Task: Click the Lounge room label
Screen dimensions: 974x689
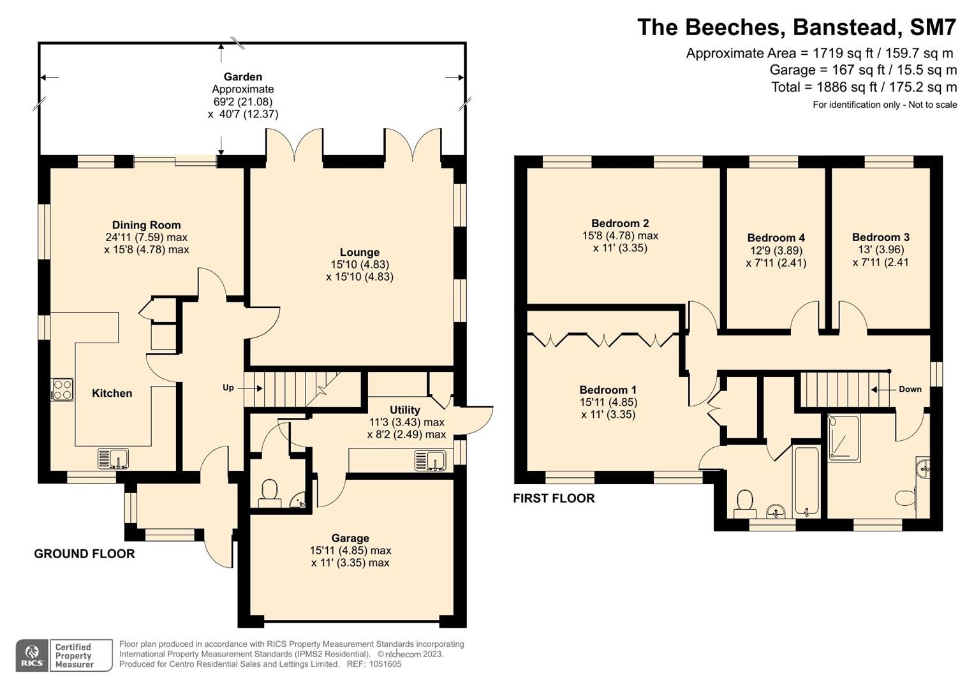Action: click(x=360, y=252)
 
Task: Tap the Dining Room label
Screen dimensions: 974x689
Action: click(x=147, y=225)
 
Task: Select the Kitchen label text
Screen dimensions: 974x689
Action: click(x=112, y=393)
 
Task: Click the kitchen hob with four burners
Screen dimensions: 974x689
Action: click(x=62, y=390)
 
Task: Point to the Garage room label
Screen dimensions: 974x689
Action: click(x=350, y=538)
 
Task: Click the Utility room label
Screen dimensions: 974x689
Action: click(x=405, y=410)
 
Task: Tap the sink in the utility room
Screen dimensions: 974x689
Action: click(x=431, y=461)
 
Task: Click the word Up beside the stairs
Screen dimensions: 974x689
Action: click(x=228, y=388)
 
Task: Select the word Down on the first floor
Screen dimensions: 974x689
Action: click(x=910, y=389)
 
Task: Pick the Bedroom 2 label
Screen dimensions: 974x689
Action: click(x=620, y=223)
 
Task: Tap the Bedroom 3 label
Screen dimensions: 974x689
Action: click(x=880, y=237)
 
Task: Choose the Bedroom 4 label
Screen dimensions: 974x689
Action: click(x=776, y=237)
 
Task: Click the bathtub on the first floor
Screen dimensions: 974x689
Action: click(x=807, y=481)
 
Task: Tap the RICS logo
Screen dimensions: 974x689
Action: click(x=32, y=656)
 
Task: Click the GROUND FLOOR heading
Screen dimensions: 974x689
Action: click(x=84, y=554)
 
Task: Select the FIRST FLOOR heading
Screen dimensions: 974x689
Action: click(x=554, y=498)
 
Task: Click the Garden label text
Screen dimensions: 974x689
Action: click(x=243, y=77)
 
